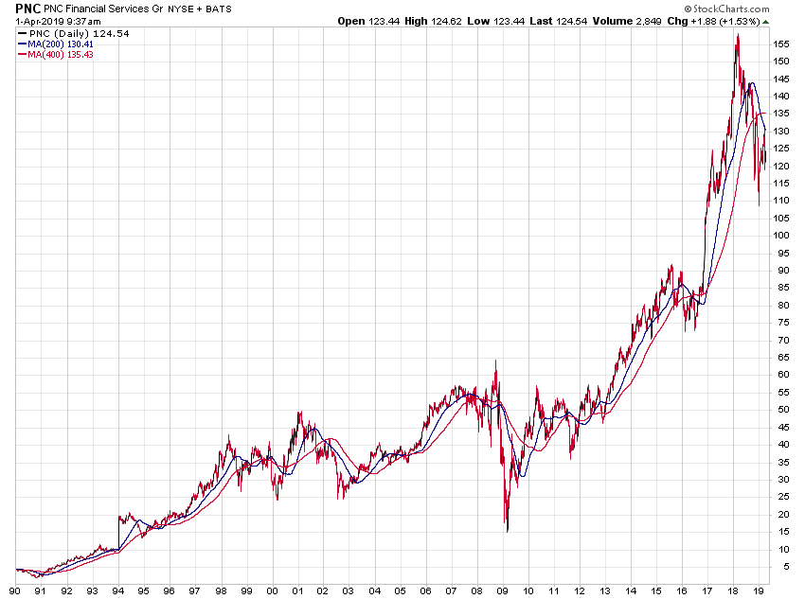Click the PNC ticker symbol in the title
(x=27, y=8)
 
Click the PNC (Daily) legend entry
(x=72, y=33)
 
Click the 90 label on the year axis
(x=15, y=590)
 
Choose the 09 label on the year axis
(x=502, y=590)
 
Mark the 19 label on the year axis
(x=759, y=590)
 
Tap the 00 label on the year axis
(x=272, y=590)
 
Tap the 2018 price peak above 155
(x=737, y=36)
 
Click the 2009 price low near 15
(x=508, y=530)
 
